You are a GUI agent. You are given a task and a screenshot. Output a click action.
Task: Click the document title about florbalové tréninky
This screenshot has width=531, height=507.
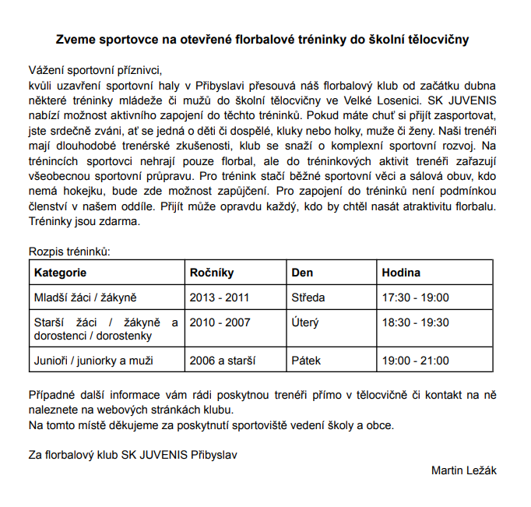point(262,38)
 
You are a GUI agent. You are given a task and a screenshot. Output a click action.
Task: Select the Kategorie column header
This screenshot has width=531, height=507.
point(60,273)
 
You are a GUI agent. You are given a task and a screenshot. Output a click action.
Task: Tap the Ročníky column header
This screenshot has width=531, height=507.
point(212,273)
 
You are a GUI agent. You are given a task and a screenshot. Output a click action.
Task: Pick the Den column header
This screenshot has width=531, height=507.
point(302,273)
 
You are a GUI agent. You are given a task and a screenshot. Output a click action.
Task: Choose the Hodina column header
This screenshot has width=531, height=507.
point(401,273)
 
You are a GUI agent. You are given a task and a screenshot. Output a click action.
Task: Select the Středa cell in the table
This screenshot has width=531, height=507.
point(308,298)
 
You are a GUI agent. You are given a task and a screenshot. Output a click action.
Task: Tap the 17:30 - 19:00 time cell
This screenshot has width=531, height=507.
point(416,298)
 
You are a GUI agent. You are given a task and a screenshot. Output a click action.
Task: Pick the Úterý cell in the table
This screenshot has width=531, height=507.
point(305,322)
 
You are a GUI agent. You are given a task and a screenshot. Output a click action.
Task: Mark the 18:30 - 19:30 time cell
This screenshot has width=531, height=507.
point(416,322)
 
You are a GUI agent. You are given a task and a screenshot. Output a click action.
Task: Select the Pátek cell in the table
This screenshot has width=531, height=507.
point(306,361)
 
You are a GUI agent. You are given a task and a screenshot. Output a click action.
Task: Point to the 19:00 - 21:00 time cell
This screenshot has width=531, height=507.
point(416,361)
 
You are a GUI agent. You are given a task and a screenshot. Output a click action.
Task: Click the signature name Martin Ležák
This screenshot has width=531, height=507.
point(463,470)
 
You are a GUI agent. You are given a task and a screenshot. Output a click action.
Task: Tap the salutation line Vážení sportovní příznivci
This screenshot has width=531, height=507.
point(93,69)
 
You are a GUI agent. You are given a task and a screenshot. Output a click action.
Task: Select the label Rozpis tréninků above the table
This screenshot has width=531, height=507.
point(69,252)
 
